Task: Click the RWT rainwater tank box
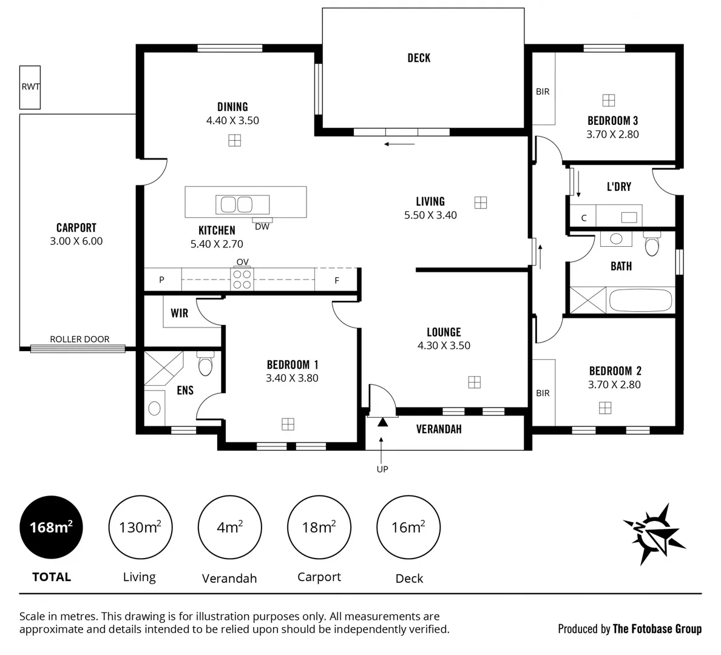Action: coord(30,87)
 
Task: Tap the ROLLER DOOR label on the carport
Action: coord(80,339)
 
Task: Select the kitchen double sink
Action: coord(236,205)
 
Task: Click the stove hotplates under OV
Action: coord(242,280)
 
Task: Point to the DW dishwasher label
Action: coord(262,227)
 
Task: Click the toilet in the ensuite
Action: coord(205,366)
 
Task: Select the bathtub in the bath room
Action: coord(640,301)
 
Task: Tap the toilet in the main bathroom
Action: coord(652,245)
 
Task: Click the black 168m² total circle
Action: coord(51,526)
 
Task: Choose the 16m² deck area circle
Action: coord(408,526)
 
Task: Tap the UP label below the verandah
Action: coord(382,469)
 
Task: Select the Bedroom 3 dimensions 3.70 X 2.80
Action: coord(612,135)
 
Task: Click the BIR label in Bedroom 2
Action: coord(543,393)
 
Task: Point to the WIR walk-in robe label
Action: coord(179,314)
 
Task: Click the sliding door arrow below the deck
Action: coord(399,144)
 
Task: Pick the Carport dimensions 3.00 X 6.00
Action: coord(76,241)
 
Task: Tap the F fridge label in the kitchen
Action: coord(337,280)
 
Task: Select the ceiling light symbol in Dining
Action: coord(234,141)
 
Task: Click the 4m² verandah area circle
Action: coord(229,526)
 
